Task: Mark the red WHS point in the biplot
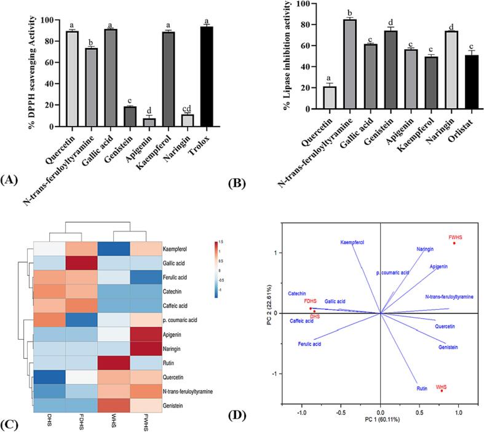(x=442, y=390)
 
